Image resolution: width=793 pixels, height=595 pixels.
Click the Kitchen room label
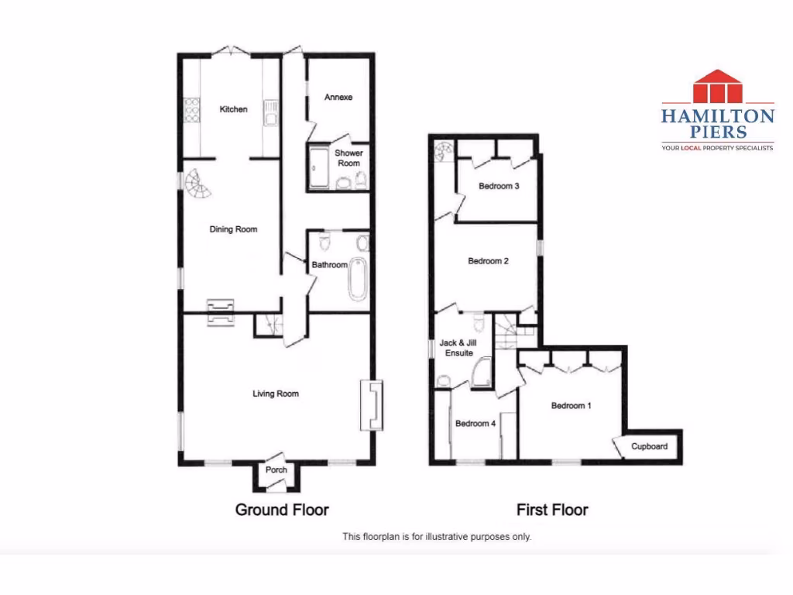pos(233,109)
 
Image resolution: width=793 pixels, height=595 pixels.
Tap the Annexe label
pos(338,98)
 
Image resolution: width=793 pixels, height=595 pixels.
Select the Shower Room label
pos(348,158)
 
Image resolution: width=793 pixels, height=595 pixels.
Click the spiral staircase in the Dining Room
pos(197,185)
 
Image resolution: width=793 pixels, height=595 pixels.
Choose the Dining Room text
pos(233,229)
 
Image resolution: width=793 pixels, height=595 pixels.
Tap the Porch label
pos(276,470)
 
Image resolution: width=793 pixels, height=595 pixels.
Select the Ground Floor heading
pos(282,510)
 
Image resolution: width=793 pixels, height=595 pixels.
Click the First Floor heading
pos(552,510)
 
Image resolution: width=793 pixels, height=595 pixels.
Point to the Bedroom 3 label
pos(499,186)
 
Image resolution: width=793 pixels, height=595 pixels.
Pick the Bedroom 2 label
pos(488,261)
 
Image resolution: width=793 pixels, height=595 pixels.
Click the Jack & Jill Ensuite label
pos(456,348)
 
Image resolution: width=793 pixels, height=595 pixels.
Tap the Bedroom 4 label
pos(475,424)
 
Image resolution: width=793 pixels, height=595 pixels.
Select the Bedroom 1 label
pos(572,405)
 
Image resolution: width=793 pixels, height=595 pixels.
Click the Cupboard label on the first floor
pos(649,447)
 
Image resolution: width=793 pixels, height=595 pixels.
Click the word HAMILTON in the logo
pos(717,116)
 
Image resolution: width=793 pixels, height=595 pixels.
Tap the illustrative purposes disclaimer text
pos(437,536)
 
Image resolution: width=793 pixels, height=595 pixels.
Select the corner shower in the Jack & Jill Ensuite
pos(481,372)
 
